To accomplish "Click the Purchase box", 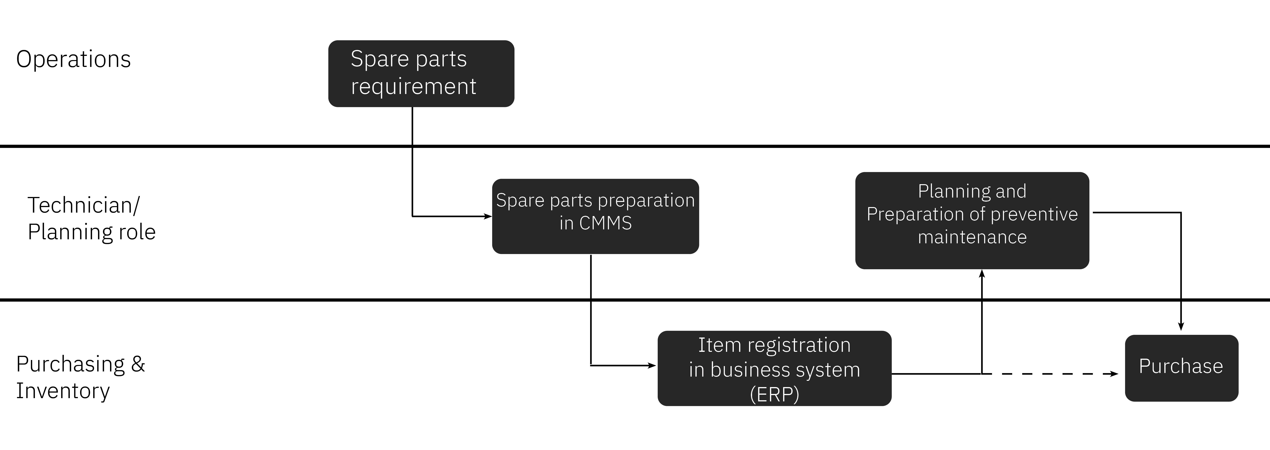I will [x=1181, y=368].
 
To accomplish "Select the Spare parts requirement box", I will [x=421, y=73].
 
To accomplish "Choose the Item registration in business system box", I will [x=774, y=368].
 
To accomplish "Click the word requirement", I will [x=413, y=87].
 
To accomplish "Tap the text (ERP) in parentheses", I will [x=774, y=394].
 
